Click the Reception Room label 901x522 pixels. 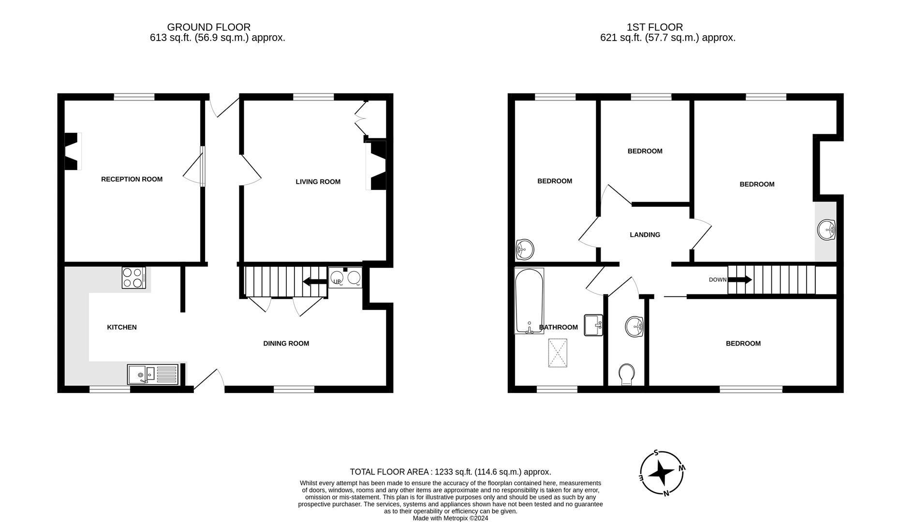pos(132,179)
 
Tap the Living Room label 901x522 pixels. pos(318,182)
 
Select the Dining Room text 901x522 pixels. pos(286,344)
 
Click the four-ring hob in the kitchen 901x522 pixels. pos(133,278)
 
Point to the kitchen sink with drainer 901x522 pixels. pos(153,375)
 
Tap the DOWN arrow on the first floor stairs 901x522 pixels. pos(740,279)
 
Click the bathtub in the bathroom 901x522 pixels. pos(529,301)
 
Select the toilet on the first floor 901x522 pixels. pos(627,375)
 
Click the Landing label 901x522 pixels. pos(645,235)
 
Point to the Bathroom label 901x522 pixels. pos(559,327)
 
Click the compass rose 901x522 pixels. pos(662,473)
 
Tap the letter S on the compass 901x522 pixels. pos(656,453)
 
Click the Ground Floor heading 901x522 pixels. pos(209,28)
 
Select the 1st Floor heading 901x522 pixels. pos(655,28)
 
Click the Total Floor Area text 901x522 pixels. pos(450,472)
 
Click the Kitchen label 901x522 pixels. pos(122,327)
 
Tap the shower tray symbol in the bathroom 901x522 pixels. pos(558,353)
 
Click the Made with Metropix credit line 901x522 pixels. pos(450,518)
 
